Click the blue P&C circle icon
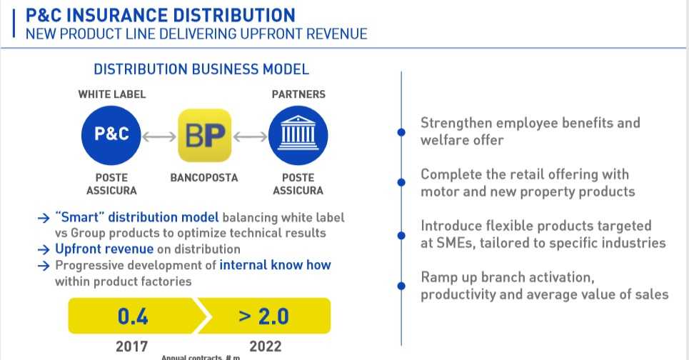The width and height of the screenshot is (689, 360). [111, 134]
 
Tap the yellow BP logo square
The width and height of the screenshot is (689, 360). [204, 134]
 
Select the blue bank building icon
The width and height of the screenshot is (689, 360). [298, 134]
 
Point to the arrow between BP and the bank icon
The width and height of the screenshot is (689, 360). [251, 135]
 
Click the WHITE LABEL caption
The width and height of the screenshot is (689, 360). [112, 94]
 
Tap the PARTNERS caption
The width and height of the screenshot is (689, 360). [298, 94]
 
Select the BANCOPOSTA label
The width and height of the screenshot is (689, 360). [204, 177]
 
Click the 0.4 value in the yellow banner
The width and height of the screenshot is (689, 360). [133, 316]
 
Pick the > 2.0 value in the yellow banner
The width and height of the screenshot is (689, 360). [263, 316]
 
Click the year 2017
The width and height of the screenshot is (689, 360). [132, 346]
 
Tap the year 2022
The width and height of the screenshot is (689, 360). [264, 346]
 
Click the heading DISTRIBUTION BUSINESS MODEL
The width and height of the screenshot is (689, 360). [201, 69]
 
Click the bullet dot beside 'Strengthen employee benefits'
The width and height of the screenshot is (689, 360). [401, 131]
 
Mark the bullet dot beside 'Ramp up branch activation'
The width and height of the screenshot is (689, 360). [401, 286]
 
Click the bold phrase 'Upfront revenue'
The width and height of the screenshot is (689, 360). [104, 249]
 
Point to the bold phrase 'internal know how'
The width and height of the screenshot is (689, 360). [276, 265]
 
